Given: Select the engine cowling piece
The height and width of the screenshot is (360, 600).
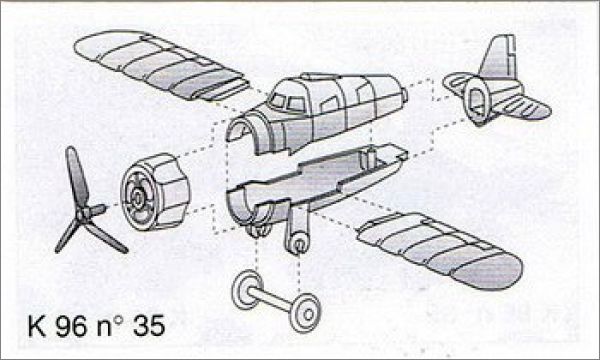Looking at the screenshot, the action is pyautogui.click(x=155, y=192).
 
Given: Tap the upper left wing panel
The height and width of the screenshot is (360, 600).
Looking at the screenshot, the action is pyautogui.click(x=161, y=65).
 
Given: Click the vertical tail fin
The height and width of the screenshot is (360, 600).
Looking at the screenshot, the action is pyautogui.click(x=499, y=57).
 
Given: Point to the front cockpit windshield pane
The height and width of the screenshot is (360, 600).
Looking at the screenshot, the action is pyautogui.click(x=277, y=101).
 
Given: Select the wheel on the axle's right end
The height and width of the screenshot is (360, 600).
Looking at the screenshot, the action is pyautogui.click(x=305, y=313).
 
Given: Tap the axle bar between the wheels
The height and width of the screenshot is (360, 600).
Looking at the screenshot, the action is pyautogui.click(x=272, y=299).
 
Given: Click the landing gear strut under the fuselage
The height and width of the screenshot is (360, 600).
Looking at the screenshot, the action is pyautogui.click(x=298, y=230).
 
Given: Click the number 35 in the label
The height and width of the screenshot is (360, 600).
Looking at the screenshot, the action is pyautogui.click(x=149, y=326).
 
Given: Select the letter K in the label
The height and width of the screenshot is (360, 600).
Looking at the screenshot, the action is pyautogui.click(x=37, y=326).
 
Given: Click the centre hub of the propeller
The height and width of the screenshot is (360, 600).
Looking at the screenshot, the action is pyautogui.click(x=83, y=214).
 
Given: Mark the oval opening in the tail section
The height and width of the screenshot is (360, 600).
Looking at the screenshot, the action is pyautogui.click(x=478, y=101).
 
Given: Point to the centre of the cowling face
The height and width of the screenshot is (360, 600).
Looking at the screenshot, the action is pyautogui.click(x=137, y=197).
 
